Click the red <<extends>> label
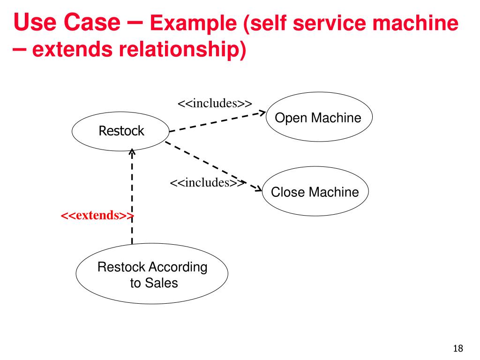coord(97,215)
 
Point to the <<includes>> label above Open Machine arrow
coord(215,103)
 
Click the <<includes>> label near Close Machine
coord(208,182)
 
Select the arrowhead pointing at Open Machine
coord(262,112)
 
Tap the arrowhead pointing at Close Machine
coord(258,188)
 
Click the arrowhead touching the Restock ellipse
coord(132,152)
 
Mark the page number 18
coord(458,348)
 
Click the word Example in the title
coord(193,23)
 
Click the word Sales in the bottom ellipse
coord(161,283)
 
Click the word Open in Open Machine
coord(291,118)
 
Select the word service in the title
coord(329,22)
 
